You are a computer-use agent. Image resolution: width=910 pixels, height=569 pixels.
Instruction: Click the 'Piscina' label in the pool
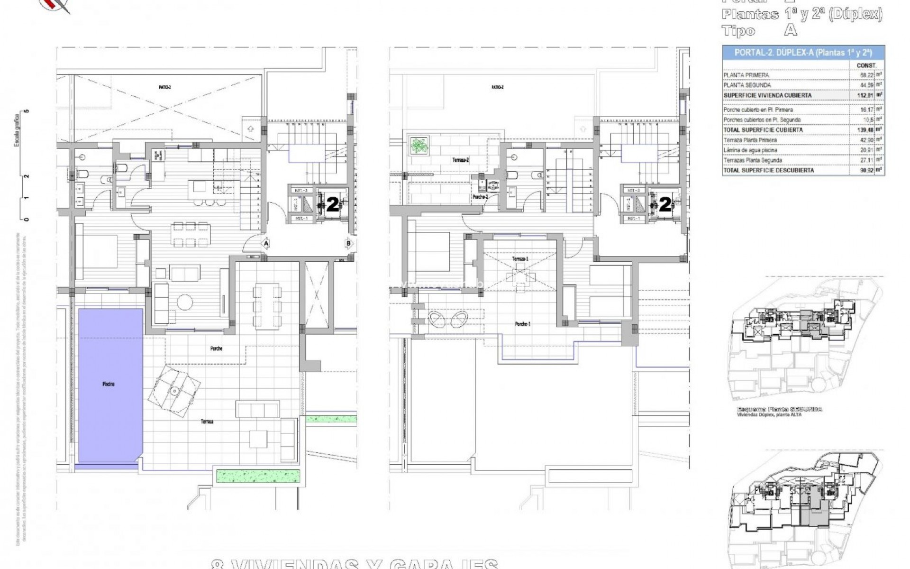[108, 384]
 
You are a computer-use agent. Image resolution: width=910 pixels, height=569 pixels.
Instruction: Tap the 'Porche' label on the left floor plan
[216, 349]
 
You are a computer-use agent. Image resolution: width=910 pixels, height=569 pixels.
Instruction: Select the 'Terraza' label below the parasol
[207, 422]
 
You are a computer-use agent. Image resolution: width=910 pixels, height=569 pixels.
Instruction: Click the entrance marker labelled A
[266, 244]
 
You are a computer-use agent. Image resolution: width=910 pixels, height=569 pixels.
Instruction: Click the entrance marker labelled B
[348, 244]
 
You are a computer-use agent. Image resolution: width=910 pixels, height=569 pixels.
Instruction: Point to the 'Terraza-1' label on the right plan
[520, 259]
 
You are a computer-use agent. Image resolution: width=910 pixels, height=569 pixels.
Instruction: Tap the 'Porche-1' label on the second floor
[523, 324]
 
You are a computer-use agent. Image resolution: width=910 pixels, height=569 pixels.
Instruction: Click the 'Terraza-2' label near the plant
[460, 160]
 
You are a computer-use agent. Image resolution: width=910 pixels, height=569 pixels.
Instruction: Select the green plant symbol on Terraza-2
[419, 145]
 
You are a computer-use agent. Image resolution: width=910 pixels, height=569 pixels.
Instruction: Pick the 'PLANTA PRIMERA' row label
[746, 75]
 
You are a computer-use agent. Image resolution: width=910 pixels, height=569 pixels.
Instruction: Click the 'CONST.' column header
[866, 65]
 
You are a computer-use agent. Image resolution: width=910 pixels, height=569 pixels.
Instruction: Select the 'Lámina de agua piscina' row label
[750, 150]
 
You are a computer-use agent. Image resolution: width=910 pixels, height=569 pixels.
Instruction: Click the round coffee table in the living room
[185, 302]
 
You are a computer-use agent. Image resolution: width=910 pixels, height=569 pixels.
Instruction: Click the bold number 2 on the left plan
[333, 205]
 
